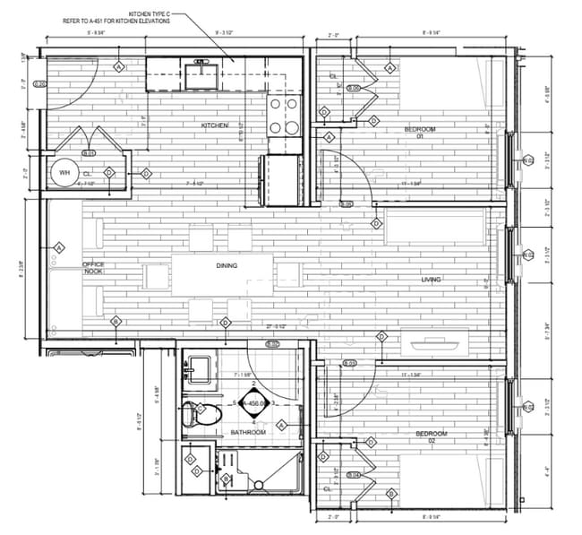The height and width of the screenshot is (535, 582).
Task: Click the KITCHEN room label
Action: point(215,125)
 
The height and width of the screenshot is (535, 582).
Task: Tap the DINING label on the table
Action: point(227,266)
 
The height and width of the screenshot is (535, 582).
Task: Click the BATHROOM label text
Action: point(247,433)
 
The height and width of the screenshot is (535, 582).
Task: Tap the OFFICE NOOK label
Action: point(94,269)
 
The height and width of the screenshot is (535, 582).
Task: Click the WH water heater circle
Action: point(64,173)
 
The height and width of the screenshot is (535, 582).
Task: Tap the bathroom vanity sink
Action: point(198,369)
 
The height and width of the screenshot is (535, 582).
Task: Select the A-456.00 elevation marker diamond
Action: point(254,404)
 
